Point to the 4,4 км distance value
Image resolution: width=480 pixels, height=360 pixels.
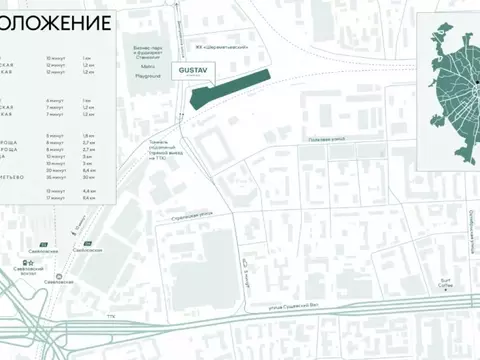point(88,190)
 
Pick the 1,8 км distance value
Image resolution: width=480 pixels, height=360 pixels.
point(88,135)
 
